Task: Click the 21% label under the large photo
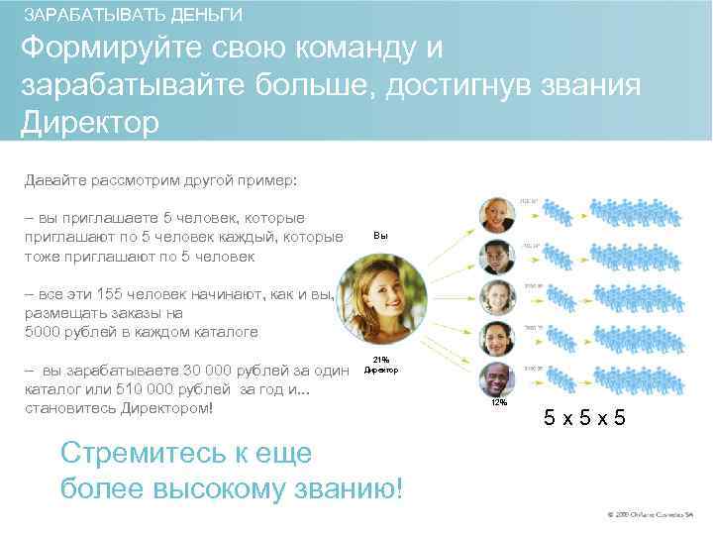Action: pos(380,361)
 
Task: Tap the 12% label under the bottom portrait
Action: pos(497,403)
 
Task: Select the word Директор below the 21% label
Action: pos(380,371)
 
